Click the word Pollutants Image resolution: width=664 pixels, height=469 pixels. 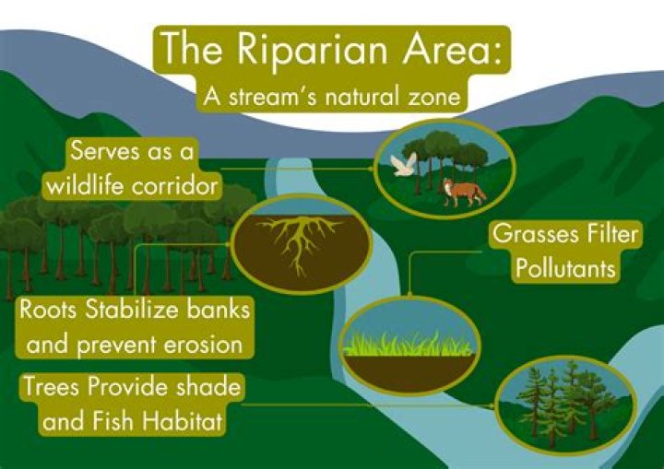565,270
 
